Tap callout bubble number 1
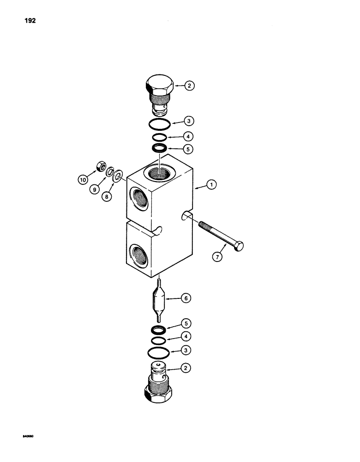(211, 186)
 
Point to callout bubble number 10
(83, 179)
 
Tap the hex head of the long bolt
(240, 247)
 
